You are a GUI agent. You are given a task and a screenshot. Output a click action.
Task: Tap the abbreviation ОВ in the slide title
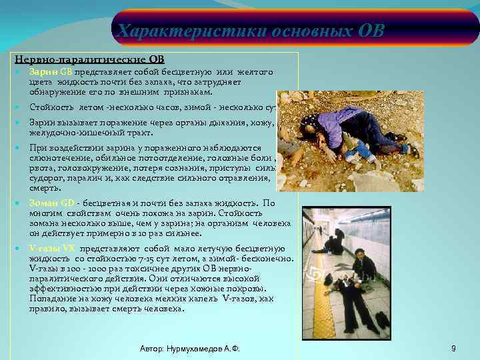click(x=371, y=31)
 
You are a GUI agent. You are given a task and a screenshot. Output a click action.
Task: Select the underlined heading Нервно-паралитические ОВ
click(x=89, y=59)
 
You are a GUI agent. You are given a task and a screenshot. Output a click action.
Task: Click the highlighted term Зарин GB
click(x=51, y=71)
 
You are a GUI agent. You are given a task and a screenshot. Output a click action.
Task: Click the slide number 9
click(x=453, y=349)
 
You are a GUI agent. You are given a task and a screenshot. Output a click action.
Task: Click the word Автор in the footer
click(x=154, y=349)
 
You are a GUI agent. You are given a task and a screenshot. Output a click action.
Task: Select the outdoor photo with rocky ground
click(x=349, y=141)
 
